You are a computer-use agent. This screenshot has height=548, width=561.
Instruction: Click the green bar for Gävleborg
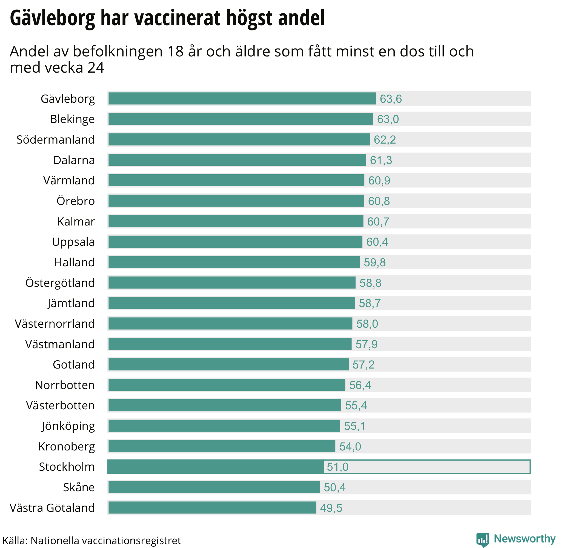click(242, 99)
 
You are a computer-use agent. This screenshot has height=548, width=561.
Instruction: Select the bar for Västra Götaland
click(212, 507)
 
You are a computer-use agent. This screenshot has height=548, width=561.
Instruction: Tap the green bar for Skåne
click(214, 487)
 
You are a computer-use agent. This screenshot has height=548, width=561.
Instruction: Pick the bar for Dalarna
click(237, 160)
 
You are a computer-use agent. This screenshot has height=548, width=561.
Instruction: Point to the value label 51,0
click(337, 467)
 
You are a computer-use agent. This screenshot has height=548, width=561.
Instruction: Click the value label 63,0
click(388, 119)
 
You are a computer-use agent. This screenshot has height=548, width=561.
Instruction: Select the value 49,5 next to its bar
click(331, 508)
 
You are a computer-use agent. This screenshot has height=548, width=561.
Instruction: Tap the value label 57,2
click(363, 365)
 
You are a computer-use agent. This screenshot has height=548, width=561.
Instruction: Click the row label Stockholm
click(67, 467)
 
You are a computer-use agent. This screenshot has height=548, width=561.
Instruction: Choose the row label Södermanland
click(56, 139)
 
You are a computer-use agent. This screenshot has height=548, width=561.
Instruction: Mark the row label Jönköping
click(68, 426)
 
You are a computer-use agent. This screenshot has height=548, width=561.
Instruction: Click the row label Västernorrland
click(55, 324)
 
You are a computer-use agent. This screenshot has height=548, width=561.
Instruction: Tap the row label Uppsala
click(73, 242)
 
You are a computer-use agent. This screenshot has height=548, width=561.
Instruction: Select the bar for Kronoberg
click(222, 446)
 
